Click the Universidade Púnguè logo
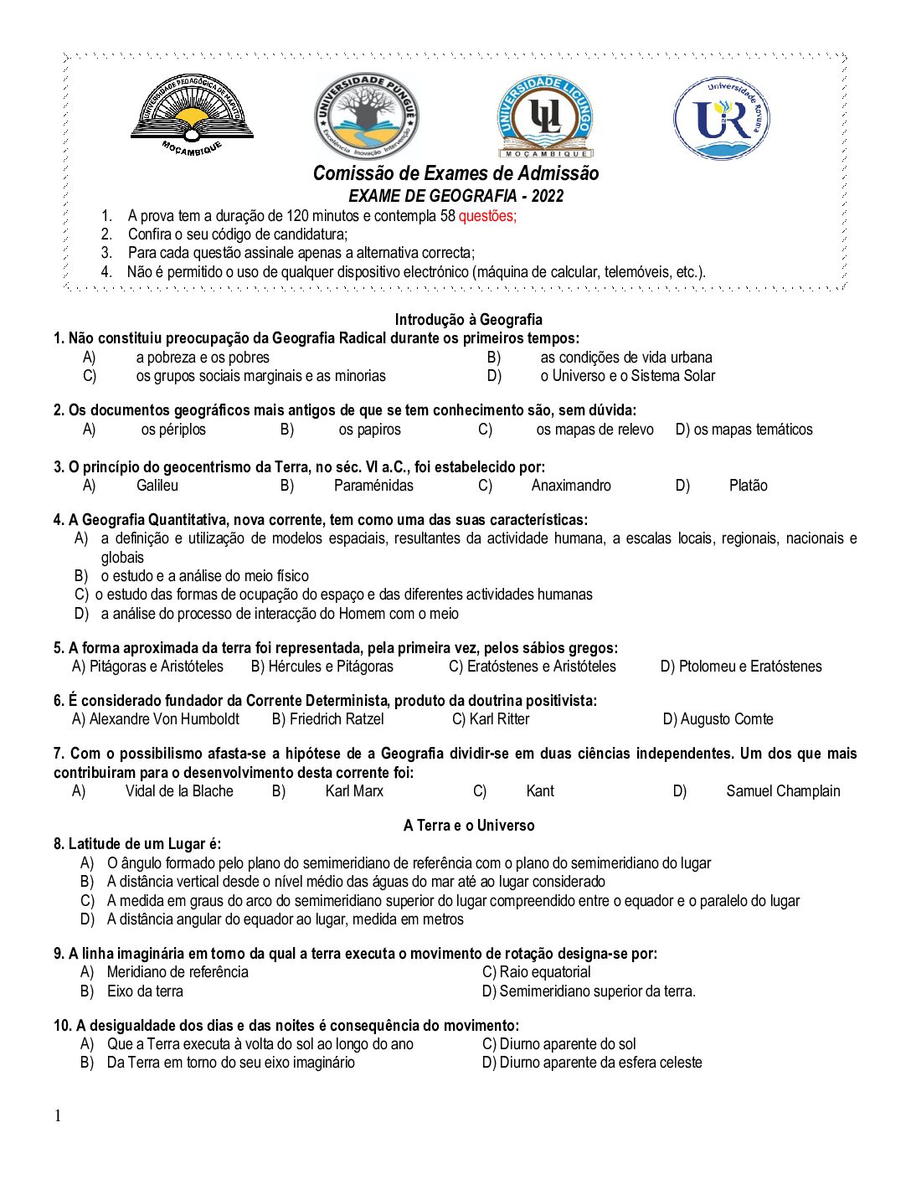(x=367, y=116)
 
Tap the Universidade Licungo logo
(x=545, y=117)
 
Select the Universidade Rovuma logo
(x=721, y=118)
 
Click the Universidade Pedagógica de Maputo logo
(x=192, y=113)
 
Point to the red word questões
(x=487, y=216)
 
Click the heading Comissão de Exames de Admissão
(x=455, y=173)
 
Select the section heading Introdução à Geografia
(x=468, y=319)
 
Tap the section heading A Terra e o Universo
(x=468, y=825)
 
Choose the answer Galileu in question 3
(x=157, y=486)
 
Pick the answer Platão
(x=748, y=486)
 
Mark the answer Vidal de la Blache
(x=179, y=791)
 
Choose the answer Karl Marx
(x=354, y=791)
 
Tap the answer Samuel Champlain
(x=783, y=791)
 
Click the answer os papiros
(x=369, y=430)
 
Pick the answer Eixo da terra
(x=145, y=991)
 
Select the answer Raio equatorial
(x=544, y=972)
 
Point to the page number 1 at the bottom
(x=58, y=1115)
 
